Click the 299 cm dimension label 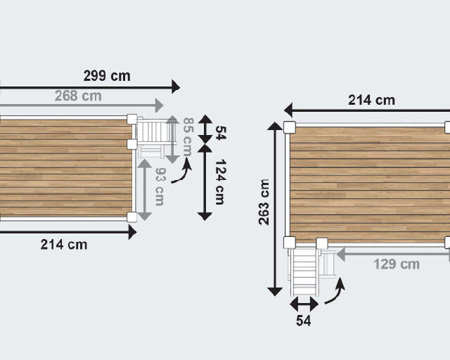(106, 76)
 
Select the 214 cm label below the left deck (64, 245)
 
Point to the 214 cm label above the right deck (371, 100)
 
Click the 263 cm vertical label (264, 202)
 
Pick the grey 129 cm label (396, 264)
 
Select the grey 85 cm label (188, 137)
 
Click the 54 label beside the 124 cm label (219, 133)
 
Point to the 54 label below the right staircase (303, 321)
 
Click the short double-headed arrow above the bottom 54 (304, 304)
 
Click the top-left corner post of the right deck (289, 127)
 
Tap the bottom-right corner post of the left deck (132, 215)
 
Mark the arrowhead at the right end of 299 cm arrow (176, 86)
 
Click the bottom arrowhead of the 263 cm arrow (274, 290)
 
